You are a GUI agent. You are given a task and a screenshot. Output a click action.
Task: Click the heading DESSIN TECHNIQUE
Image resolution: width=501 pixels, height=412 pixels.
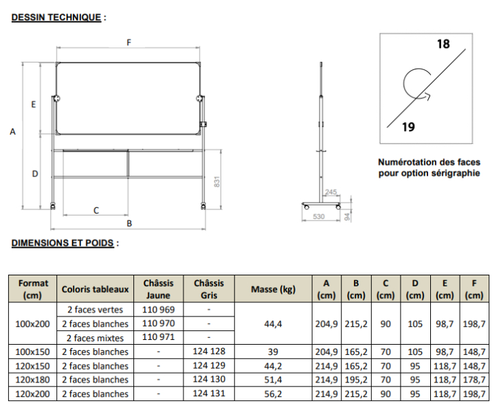coord(56,17)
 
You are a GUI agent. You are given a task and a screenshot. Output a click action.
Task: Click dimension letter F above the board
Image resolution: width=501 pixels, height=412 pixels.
coord(129,43)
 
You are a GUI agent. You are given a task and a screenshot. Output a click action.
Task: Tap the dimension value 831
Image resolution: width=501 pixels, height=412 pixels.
coord(217,181)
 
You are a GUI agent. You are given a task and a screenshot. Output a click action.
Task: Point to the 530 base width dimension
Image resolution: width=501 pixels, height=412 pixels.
coord(319,216)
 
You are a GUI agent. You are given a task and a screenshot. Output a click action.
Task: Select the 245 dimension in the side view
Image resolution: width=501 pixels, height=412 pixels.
coord(331,192)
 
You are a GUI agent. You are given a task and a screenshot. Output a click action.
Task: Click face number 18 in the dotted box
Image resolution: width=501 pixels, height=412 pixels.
coord(443,44)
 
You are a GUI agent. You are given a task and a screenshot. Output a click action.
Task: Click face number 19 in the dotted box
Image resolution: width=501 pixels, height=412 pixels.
coord(408,127)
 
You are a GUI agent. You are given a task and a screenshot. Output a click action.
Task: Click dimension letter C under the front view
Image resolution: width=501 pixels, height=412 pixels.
coord(96,211)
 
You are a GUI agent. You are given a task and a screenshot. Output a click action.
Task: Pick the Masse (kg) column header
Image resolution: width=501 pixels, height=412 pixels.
coord(274,289)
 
